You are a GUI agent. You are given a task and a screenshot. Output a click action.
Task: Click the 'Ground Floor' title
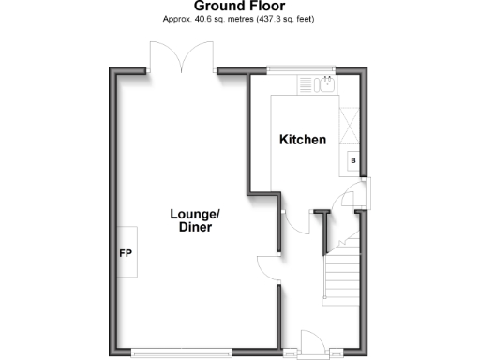(239, 6)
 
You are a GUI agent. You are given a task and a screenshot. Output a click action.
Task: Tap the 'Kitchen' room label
(303, 140)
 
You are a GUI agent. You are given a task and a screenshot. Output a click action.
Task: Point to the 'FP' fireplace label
(124, 253)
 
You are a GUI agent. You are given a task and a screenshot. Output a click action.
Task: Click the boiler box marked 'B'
(352, 160)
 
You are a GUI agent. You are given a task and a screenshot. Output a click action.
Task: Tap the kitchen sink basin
(325, 85)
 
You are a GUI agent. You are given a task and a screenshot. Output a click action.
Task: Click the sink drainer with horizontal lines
(307, 85)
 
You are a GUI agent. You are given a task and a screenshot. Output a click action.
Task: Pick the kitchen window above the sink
(300, 68)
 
